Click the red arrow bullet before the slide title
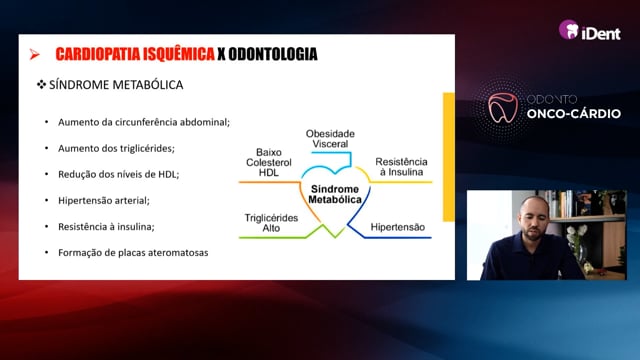[35, 54]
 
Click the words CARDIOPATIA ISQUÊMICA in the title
[135, 54]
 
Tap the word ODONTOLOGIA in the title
[273, 54]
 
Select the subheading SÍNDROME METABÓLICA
[116, 85]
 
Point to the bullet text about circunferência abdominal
[144, 122]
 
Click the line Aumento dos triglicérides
[116, 148]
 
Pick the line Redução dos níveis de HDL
[118, 174]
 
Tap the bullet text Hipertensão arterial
[104, 200]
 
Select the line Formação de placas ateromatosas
[133, 253]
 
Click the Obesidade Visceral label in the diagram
[330, 139]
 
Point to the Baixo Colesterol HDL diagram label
[269, 162]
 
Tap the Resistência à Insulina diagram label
[401, 167]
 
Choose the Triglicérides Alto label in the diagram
[271, 223]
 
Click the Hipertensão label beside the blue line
[398, 227]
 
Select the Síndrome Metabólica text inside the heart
[335, 194]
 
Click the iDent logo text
[601, 33]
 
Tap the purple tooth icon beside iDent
[569, 29]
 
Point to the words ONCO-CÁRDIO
[573, 113]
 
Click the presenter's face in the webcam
[534, 218]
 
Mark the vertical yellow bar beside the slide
[449, 157]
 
